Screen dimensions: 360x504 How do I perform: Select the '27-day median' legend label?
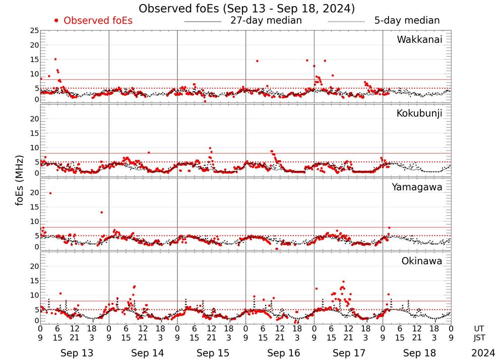tap(266, 21)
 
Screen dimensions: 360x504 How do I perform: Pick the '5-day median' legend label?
tap(407, 21)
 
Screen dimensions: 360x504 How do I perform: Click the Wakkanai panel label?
tap(419, 40)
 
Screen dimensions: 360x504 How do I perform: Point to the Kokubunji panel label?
tap(419, 113)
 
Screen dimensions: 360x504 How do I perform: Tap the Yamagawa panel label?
tap(417, 187)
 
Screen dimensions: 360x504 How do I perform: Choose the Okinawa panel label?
tap(421, 261)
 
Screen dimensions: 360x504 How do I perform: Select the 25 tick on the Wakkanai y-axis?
tap(34, 31)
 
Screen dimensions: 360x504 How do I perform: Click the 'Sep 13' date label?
tap(77, 353)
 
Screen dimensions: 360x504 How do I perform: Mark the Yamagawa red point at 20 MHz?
tap(50, 193)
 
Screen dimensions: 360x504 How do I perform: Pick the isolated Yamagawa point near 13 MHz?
tap(102, 212)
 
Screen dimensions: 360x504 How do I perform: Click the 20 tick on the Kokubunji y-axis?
tap(34, 119)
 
